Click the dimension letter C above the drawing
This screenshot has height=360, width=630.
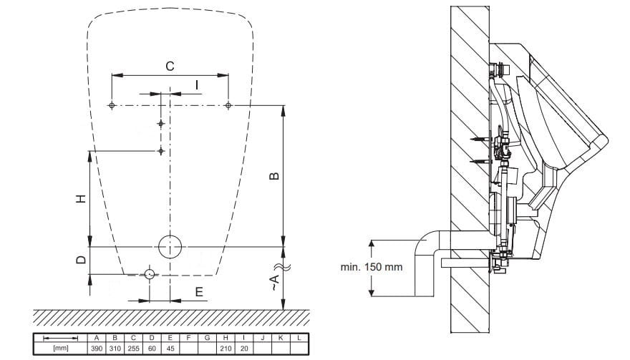(170, 66)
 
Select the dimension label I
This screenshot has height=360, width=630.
(197, 85)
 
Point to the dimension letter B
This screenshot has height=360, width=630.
(274, 176)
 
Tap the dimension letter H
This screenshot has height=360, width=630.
(82, 198)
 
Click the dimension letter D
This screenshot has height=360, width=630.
(81, 260)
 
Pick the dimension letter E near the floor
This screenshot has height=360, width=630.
(199, 292)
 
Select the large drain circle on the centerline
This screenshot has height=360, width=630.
(170, 247)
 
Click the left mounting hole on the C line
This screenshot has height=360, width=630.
(112, 106)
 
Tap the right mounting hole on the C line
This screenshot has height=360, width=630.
(228, 106)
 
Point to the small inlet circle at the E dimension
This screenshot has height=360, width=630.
(150, 274)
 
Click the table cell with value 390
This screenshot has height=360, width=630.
(97, 349)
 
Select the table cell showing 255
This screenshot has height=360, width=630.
(133, 349)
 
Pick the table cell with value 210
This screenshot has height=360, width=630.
(226, 349)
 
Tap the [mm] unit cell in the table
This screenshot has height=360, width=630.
(61, 349)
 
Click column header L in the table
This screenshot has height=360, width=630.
(299, 338)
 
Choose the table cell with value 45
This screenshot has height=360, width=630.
(170, 349)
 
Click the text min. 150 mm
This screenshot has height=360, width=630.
(372, 267)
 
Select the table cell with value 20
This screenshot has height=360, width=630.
(244, 349)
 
